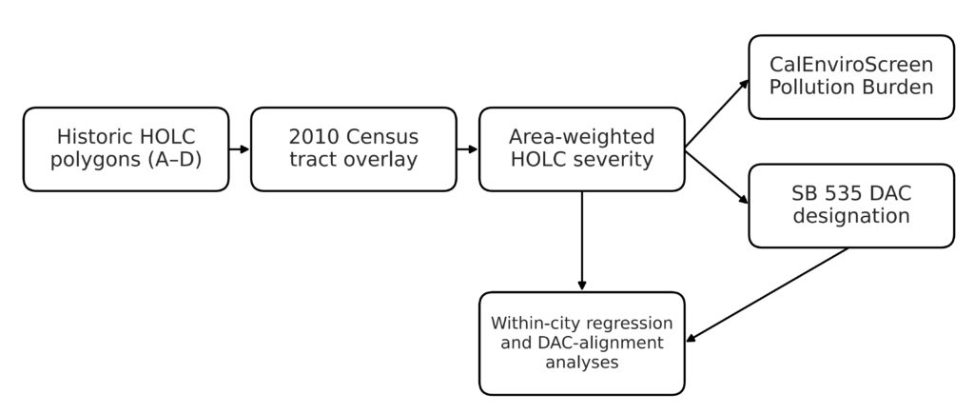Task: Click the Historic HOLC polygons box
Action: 127,149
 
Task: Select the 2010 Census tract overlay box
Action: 354,149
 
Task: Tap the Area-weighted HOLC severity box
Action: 582,149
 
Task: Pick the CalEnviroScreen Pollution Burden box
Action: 851,77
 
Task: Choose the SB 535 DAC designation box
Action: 851,206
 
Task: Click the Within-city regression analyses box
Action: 582,344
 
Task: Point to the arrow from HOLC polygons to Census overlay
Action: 239,149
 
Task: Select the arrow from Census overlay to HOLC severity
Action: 467,149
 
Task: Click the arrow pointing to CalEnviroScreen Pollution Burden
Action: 717,114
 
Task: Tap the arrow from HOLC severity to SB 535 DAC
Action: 717,176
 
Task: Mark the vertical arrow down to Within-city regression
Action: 582,241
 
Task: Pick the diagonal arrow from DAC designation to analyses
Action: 768,295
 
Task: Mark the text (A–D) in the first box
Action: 175,161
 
